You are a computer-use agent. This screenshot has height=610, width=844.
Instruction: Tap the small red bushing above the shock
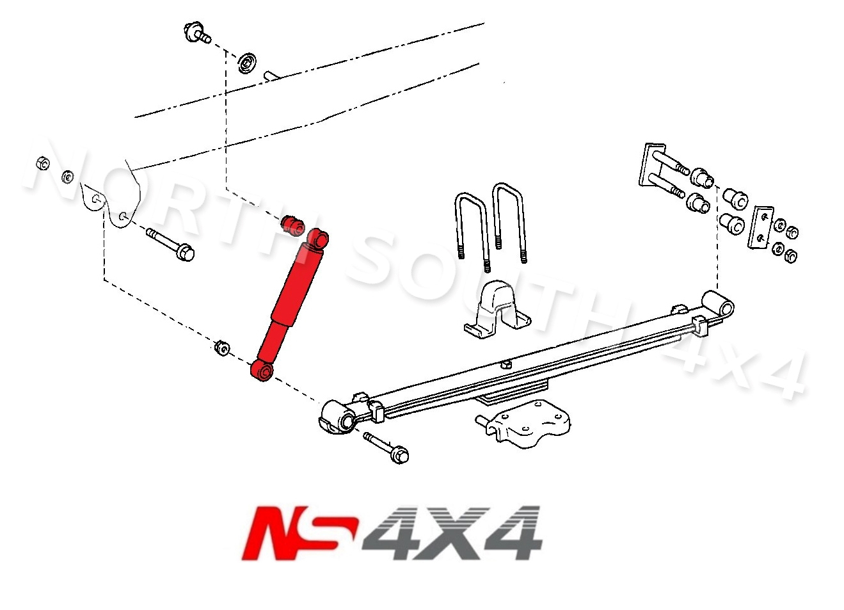[x=292, y=225]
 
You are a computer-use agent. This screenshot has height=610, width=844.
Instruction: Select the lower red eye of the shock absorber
[x=263, y=371]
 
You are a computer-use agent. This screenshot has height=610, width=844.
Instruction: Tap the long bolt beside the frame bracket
[x=170, y=244]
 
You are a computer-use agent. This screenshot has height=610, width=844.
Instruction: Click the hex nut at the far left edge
[x=42, y=163]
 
